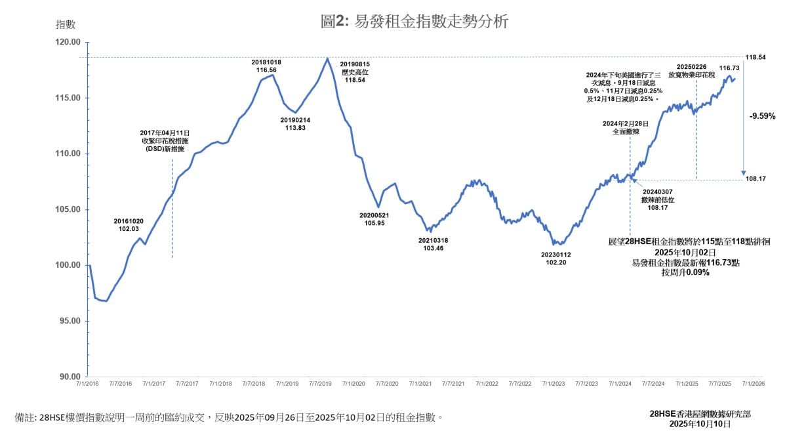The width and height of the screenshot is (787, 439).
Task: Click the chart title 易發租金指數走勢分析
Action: [414, 22]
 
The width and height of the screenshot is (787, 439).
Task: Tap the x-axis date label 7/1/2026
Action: [752, 383]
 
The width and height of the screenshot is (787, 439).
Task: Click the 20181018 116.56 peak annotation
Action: [266, 66]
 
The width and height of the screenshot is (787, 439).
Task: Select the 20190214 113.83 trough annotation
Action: [296, 124]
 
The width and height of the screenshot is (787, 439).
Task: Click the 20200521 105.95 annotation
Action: [374, 219]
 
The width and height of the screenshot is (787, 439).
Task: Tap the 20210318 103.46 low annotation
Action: [433, 245]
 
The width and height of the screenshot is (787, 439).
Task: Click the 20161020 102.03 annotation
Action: [129, 225]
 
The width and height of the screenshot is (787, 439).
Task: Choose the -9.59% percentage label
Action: [762, 116]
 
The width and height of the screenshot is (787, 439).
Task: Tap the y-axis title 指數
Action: [66, 24]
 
